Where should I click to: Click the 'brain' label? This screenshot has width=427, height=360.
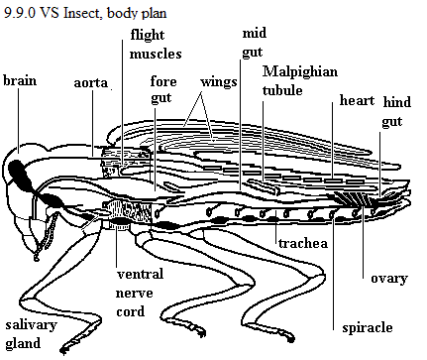click(x=20, y=80)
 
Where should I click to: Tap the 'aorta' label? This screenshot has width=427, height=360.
click(x=91, y=83)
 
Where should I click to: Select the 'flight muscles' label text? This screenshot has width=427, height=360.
click(x=156, y=44)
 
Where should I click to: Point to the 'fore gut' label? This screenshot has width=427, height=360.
click(x=163, y=89)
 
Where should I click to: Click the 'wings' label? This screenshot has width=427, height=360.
click(x=219, y=82)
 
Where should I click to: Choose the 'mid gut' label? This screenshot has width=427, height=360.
click(x=255, y=43)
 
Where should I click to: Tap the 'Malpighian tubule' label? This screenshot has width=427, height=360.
click(x=300, y=80)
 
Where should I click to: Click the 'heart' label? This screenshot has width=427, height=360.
click(x=358, y=100)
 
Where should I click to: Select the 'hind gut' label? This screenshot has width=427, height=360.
click(x=396, y=112)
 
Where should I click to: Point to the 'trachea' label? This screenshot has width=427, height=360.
click(x=303, y=243)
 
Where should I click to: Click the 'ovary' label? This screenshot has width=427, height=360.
click(x=389, y=279)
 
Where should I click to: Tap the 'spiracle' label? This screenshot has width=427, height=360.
click(x=368, y=328)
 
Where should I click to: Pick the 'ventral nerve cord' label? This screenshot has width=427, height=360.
click(x=140, y=293)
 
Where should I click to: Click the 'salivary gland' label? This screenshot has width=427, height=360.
click(x=32, y=334)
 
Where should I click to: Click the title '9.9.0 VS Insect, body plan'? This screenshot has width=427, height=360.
click(x=85, y=13)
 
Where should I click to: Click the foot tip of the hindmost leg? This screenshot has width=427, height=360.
click(x=290, y=338)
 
